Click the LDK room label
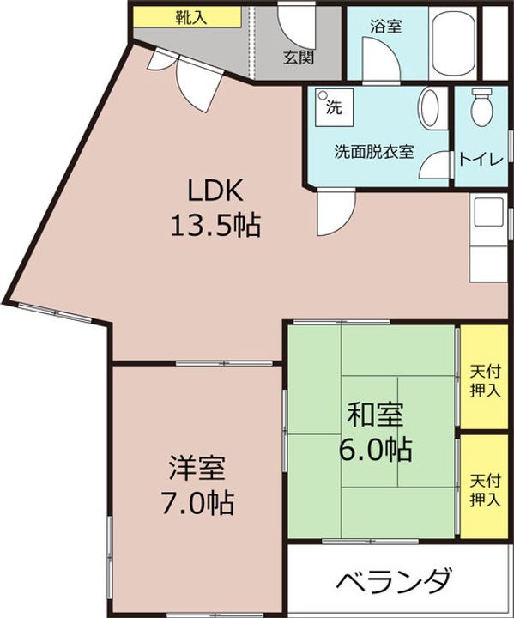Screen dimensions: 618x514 point(216,191)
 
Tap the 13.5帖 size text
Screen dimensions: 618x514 point(215,227)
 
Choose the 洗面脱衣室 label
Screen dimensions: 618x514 point(374,153)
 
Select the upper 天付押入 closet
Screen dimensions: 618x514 point(486,377)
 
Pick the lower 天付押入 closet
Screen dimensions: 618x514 point(486,485)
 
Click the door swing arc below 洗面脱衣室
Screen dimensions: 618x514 point(333,215)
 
